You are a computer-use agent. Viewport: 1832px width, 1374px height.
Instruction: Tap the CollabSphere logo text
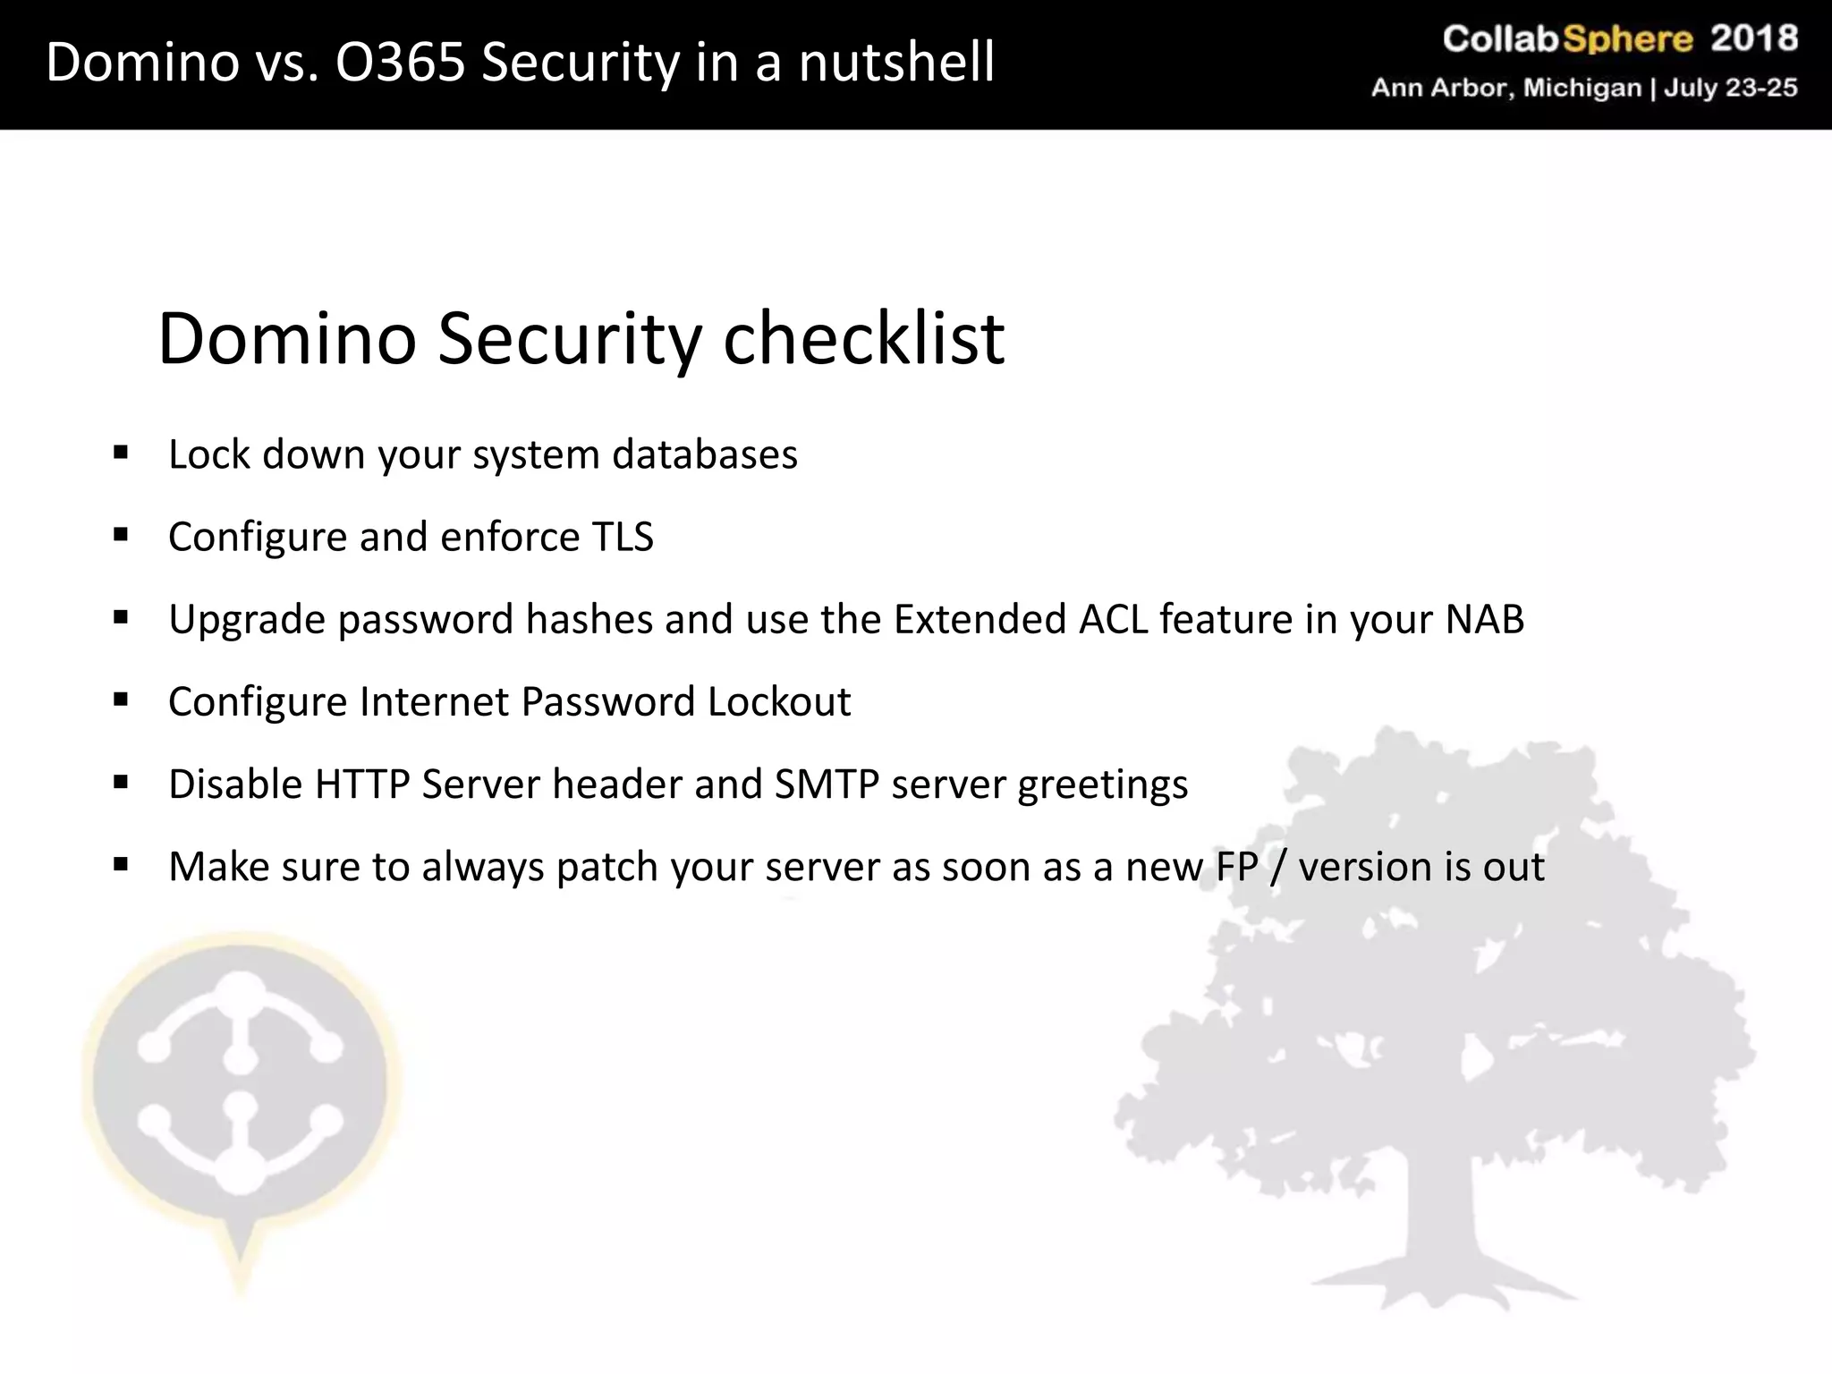[x=1567, y=38]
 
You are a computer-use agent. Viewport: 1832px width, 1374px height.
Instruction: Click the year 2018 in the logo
[x=1753, y=38]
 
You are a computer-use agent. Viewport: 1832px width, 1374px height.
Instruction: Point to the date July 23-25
[x=1730, y=88]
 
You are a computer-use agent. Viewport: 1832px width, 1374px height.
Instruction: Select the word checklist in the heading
[x=863, y=339]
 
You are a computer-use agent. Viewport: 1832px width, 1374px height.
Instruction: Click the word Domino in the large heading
[x=287, y=339]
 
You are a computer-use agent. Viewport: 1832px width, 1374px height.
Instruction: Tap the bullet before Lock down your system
[x=121, y=452]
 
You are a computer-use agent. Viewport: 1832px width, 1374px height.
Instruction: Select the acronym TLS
[x=623, y=537]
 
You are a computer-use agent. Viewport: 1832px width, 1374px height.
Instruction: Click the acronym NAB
[x=1484, y=619]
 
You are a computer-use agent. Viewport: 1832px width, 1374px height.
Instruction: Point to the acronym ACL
[x=1113, y=619]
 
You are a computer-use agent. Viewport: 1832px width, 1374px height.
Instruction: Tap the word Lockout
[x=778, y=701]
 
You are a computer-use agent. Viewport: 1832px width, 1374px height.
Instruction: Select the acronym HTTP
[x=362, y=785]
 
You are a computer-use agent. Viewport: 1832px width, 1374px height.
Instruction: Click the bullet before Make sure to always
[x=121, y=865]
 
